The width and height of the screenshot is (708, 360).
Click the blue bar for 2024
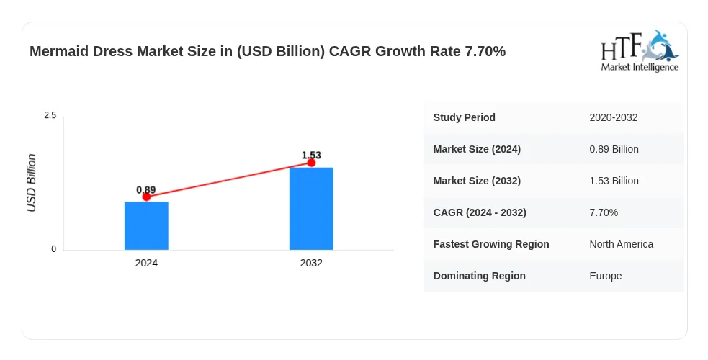(x=146, y=225)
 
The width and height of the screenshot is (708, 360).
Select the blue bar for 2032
(x=311, y=208)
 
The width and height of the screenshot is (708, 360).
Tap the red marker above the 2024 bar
(x=146, y=197)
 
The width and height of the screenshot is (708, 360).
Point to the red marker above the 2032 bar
(x=311, y=163)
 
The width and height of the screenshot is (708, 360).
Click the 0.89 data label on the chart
(x=145, y=190)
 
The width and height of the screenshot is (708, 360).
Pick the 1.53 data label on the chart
(x=311, y=156)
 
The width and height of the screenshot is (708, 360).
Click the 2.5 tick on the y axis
(x=50, y=115)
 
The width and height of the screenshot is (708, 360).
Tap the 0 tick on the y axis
(x=54, y=249)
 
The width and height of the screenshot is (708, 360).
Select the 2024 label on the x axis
(x=146, y=263)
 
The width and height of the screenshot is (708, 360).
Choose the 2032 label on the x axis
(x=311, y=263)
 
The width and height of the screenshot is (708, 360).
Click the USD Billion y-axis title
(x=31, y=183)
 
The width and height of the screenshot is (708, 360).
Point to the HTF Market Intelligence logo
(x=640, y=50)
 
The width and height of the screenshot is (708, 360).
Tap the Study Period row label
(x=464, y=117)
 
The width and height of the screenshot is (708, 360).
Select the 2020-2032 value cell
(x=613, y=118)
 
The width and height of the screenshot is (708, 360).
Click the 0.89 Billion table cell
(x=614, y=149)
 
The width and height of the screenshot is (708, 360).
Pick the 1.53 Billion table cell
(x=614, y=181)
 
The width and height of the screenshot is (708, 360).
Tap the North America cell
(x=621, y=244)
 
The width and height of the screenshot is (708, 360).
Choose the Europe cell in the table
(x=605, y=276)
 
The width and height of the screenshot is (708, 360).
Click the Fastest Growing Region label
(x=491, y=244)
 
